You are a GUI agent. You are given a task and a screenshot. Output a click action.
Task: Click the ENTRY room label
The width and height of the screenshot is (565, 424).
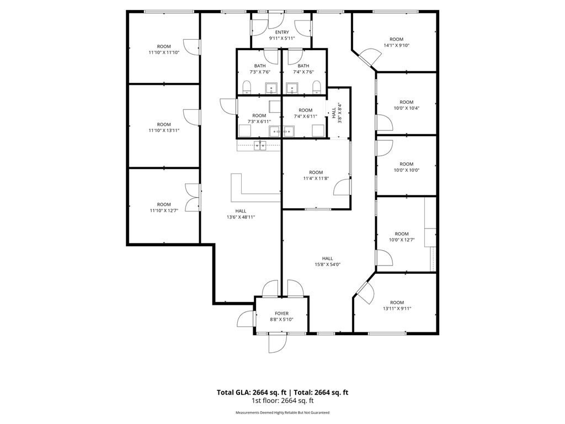click(282, 32)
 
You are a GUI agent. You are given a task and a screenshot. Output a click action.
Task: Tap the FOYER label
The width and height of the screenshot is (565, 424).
click(281, 314)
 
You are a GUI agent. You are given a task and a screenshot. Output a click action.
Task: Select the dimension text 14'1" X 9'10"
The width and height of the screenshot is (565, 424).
click(396, 45)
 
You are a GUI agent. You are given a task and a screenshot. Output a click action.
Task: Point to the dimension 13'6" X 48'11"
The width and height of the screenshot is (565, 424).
click(241, 217)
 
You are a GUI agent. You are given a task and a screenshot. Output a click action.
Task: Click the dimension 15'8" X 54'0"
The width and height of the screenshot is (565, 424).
click(328, 264)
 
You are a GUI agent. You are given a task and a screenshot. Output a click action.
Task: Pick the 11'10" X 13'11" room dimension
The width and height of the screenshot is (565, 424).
click(164, 130)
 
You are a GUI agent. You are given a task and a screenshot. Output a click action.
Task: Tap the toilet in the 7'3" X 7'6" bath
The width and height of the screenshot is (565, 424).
click(247, 87)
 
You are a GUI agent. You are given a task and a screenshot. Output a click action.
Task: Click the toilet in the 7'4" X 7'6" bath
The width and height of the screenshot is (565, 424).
click(316, 87)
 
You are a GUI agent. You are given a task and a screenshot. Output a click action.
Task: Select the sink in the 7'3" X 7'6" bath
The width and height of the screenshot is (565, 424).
click(271, 88)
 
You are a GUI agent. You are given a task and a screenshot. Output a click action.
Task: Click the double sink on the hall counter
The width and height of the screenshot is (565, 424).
click(260, 145)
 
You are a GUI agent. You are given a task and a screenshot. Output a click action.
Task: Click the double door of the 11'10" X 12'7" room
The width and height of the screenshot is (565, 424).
click(193, 197)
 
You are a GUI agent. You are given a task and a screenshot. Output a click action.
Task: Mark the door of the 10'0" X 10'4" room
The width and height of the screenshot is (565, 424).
click(384, 123)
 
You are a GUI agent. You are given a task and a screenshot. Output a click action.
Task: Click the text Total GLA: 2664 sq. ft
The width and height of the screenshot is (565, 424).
click(252, 393)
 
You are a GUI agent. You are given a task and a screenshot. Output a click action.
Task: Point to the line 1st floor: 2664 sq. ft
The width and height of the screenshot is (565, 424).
click(282, 400)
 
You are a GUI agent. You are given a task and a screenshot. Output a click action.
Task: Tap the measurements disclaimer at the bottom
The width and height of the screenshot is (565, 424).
click(282, 412)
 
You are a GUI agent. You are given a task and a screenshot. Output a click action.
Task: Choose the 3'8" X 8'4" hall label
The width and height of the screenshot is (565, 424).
click(337, 113)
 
